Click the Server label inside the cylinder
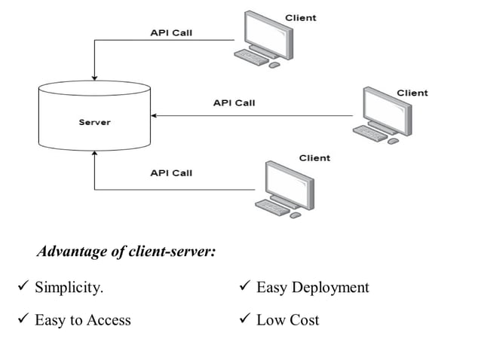(94, 122)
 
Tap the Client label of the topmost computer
(300, 17)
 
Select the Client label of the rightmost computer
(412, 93)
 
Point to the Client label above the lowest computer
(314, 157)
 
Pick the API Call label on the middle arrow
(234, 102)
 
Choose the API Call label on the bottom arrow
(171, 172)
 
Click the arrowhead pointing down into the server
(94, 75)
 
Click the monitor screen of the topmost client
(266, 33)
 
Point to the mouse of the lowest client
(296, 214)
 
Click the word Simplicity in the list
(69, 288)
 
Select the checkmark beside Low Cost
(244, 319)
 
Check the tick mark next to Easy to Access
(22, 319)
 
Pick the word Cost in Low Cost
(303, 320)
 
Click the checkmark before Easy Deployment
(244, 287)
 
